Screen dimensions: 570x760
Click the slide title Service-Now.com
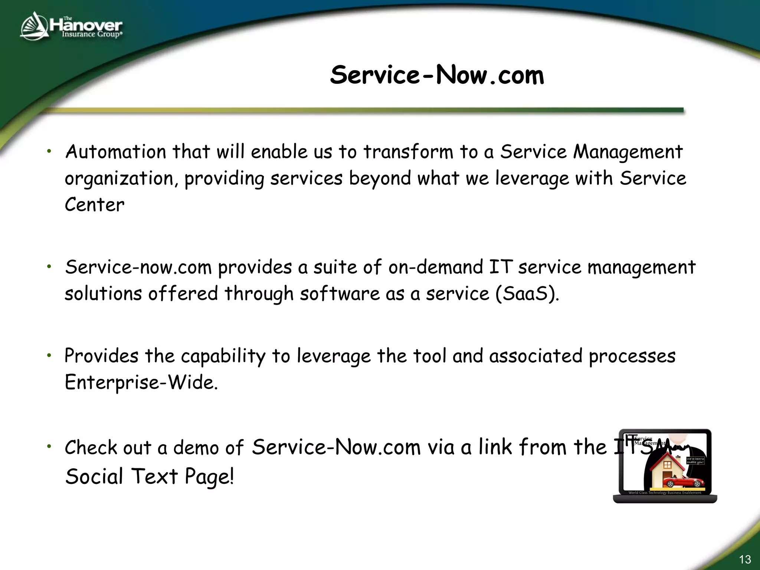[x=437, y=75]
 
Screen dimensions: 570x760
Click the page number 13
[x=745, y=559]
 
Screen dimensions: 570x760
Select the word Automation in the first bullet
[x=115, y=152]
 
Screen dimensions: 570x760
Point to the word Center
[x=95, y=205]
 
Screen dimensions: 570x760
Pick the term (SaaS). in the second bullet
[x=527, y=294]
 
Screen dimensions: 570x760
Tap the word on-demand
[x=436, y=267]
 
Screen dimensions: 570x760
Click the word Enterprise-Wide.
[x=141, y=383]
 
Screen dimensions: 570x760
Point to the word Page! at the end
[x=209, y=477]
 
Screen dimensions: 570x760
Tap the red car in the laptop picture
[x=682, y=483]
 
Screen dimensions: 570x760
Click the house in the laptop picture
[x=667, y=469]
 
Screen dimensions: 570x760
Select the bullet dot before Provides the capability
[x=49, y=356]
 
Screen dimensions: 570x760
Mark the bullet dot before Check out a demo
[x=49, y=446]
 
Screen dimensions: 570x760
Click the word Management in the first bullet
[x=628, y=152]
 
